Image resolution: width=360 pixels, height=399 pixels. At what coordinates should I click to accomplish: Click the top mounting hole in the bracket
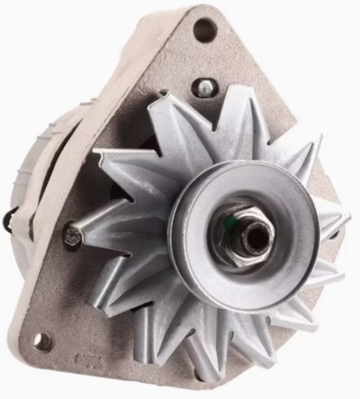point(204,29)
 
